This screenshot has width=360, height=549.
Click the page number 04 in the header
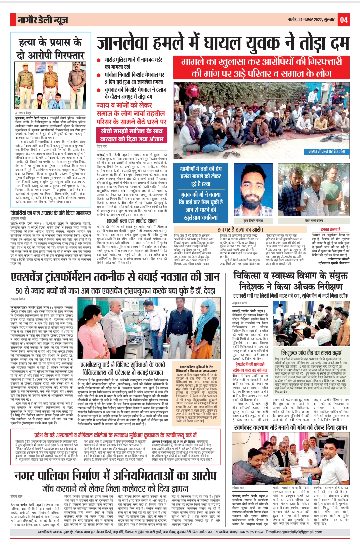[x=344, y=20]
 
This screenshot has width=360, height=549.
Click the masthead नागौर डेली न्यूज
[x=43, y=20]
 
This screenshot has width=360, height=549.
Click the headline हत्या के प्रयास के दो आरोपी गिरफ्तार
[x=50, y=48]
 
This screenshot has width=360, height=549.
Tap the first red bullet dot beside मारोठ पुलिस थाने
[x=99, y=60]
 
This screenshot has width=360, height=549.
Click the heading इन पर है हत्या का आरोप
[x=240, y=229]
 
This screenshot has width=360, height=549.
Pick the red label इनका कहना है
[x=331, y=229]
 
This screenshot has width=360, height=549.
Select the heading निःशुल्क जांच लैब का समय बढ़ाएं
[x=311, y=353]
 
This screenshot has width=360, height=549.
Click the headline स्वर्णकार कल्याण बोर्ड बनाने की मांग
[x=290, y=427]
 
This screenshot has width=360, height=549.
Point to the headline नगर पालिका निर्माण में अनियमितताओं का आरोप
[x=115, y=476]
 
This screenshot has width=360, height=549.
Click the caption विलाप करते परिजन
[x=314, y=221]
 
